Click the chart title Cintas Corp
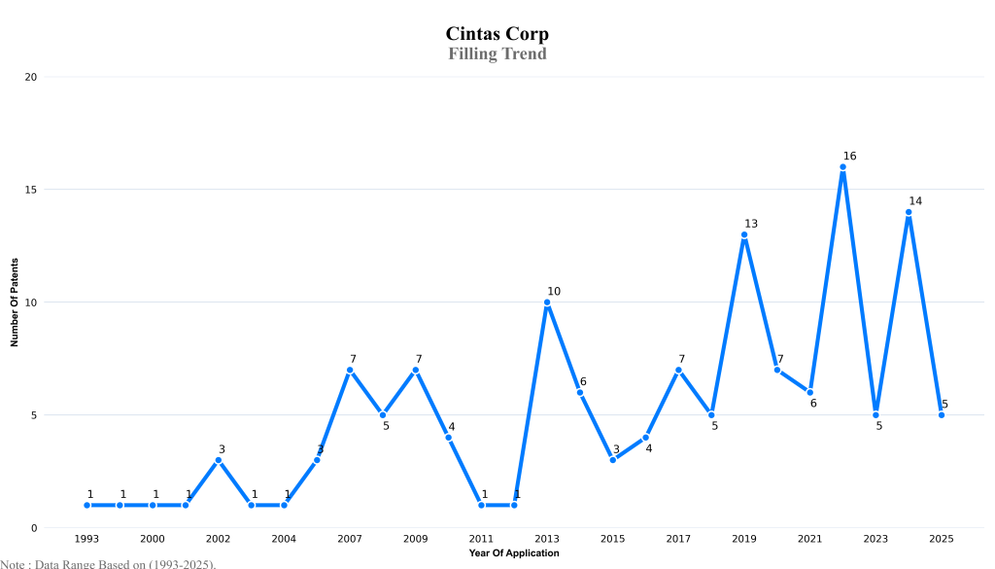[x=497, y=35]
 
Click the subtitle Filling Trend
[x=497, y=53]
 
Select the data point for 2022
[x=842, y=167]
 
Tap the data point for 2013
[x=547, y=302]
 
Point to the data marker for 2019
[x=744, y=234]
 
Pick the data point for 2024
[x=909, y=212]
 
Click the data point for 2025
[x=942, y=415]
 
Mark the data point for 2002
[x=219, y=460]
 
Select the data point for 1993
[x=86, y=505]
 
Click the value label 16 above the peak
[x=849, y=156]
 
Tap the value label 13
[x=750, y=224]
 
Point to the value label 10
[x=554, y=291]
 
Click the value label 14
[x=915, y=201]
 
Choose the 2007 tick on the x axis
[x=349, y=538]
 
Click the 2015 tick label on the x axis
[x=612, y=538]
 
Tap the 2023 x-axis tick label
[x=875, y=538]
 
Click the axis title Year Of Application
[x=513, y=552]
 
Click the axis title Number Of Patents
[x=15, y=302]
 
